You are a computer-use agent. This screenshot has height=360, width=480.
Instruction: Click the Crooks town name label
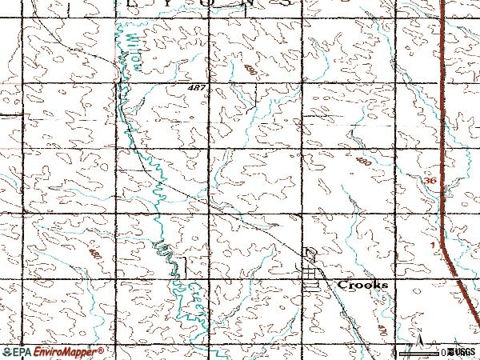tap(362, 285)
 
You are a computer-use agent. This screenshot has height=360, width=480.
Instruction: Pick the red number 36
tap(430, 182)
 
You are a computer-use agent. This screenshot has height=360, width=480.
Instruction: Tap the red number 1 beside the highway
tap(431, 243)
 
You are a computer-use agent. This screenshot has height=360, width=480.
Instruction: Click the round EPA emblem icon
tap(6, 352)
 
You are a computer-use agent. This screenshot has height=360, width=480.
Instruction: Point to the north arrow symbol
tap(418, 337)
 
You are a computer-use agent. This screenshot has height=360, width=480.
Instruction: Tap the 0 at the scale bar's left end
tap(396, 352)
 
